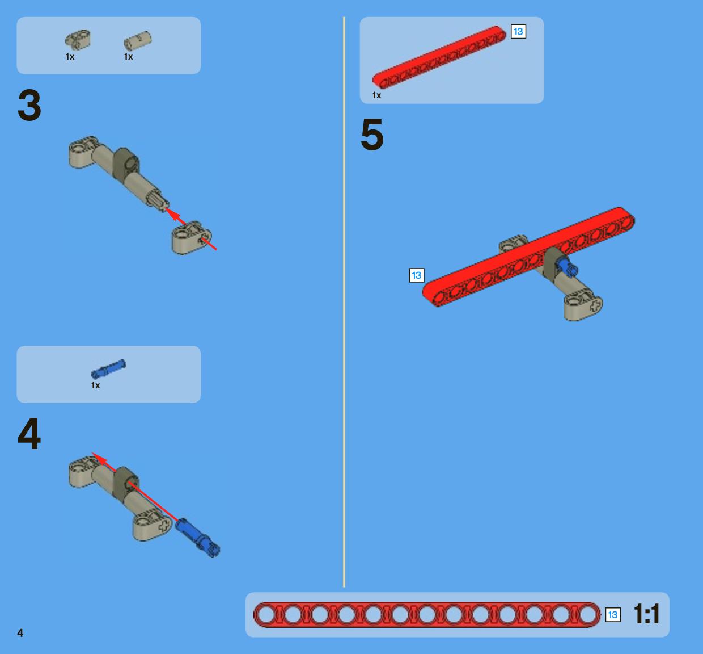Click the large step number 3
29,105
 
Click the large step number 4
29,434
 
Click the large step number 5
372,135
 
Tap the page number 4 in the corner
20,633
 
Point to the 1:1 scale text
646,614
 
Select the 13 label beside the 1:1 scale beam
613,615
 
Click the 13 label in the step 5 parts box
518,32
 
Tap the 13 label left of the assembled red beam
417,275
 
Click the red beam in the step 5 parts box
439,57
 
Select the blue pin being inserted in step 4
197,538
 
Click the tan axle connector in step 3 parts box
78,40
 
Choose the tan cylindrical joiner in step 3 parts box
138,41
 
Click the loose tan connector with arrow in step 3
192,237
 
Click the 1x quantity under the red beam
376,95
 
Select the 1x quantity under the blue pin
96,385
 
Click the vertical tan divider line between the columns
344,302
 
